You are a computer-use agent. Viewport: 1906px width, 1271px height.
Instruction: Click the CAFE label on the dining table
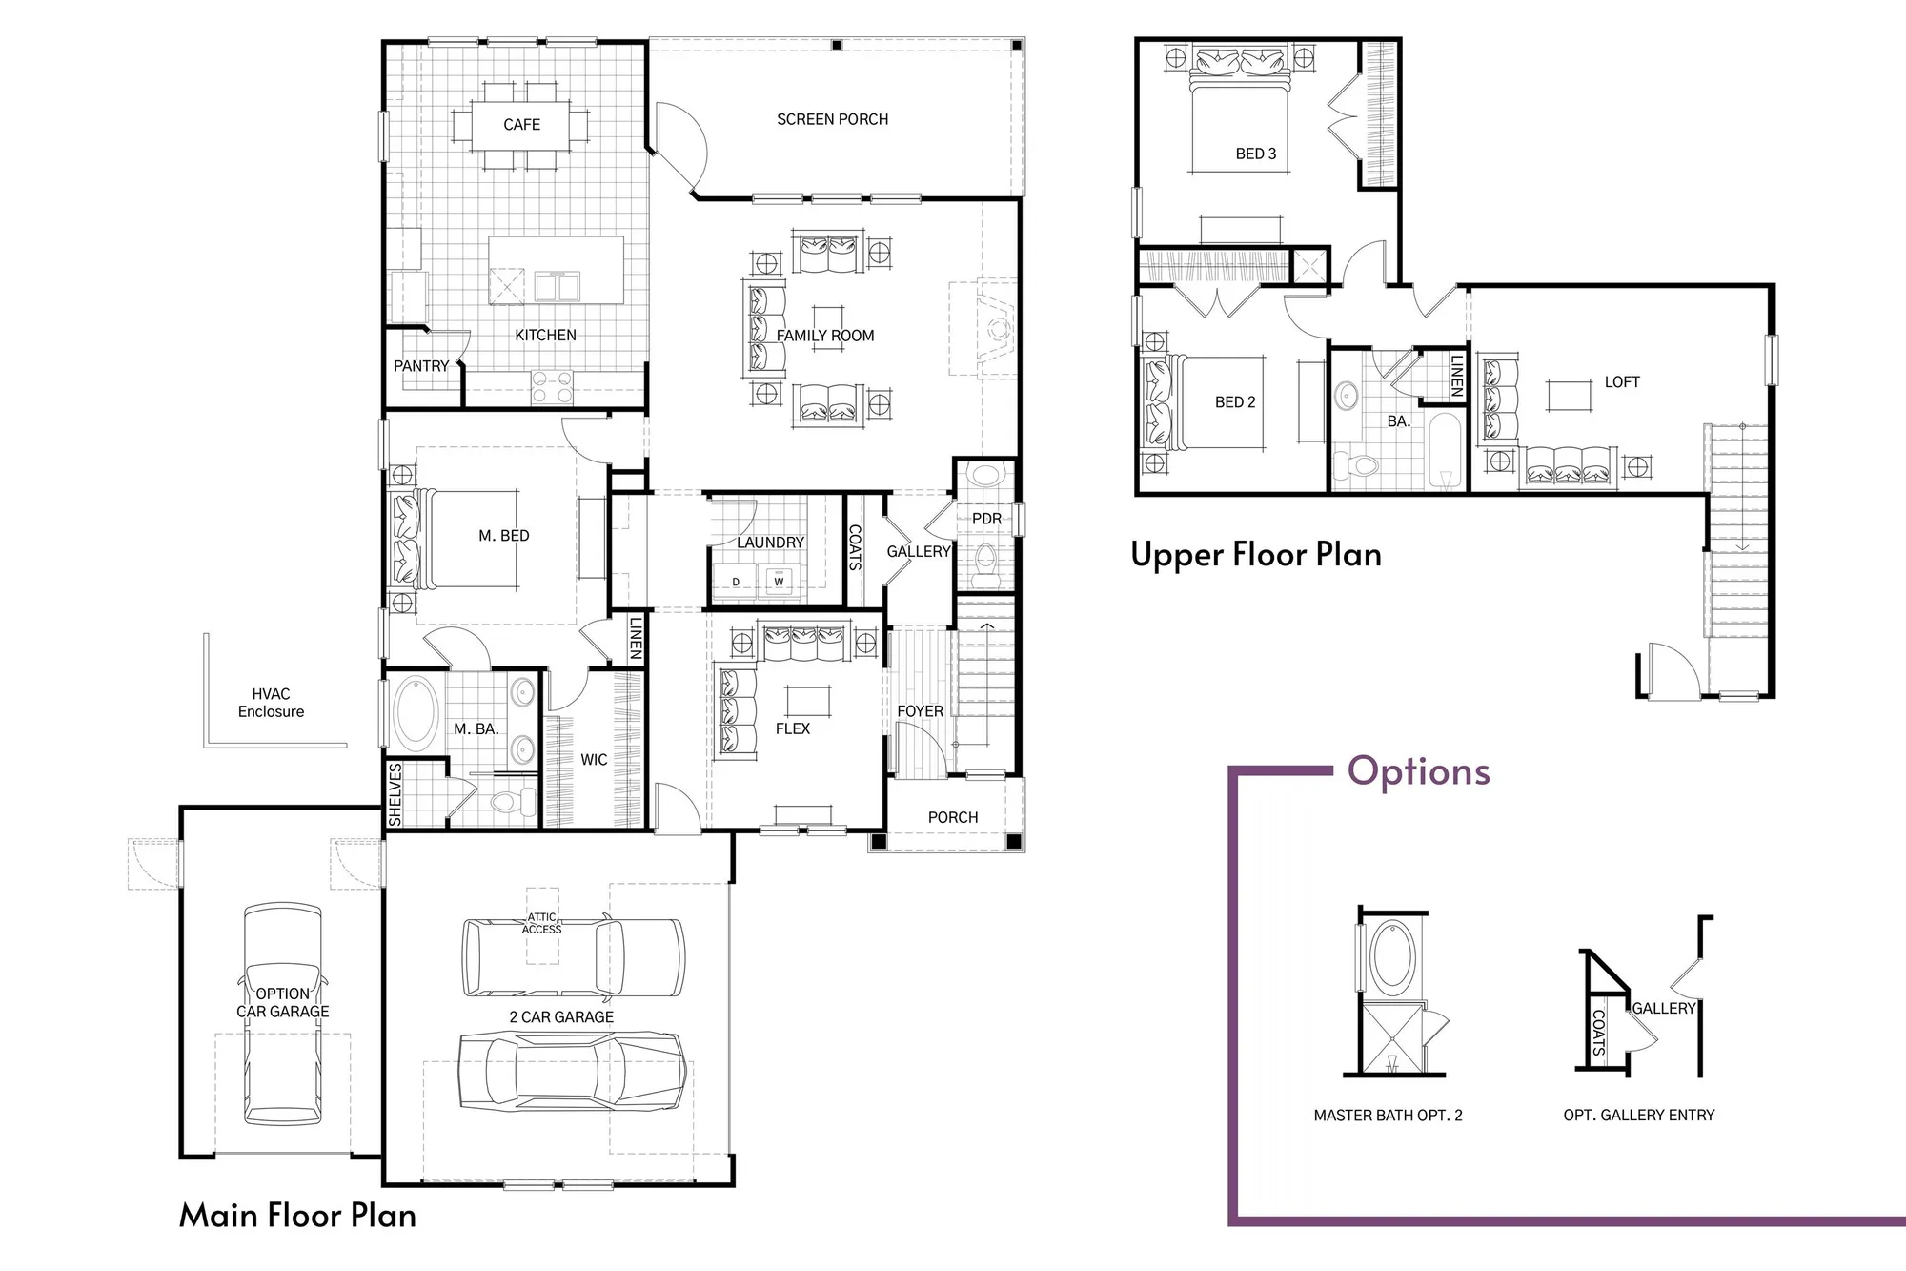521,125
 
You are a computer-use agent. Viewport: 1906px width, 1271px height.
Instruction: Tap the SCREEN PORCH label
832,119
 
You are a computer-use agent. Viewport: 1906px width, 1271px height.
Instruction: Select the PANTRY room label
420,366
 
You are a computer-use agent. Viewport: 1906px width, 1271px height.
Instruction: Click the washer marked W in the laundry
779,582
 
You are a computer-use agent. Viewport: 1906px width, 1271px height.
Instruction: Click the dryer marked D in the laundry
736,582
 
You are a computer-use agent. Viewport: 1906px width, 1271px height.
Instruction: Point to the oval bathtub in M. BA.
416,712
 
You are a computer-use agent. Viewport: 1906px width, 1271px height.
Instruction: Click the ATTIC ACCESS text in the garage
541,923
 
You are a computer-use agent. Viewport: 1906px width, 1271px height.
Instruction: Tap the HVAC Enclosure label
271,703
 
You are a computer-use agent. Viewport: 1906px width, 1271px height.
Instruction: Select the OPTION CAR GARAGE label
282,1002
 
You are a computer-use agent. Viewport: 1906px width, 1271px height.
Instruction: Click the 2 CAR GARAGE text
561,1017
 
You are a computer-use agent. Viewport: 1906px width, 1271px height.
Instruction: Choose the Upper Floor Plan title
1255,555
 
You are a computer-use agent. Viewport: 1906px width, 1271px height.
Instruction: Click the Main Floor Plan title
297,1216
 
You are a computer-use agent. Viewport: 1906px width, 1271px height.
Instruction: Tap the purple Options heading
1418,771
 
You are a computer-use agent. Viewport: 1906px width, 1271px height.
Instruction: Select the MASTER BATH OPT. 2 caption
1388,1116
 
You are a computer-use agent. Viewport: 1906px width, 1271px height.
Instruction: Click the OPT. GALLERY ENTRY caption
1638,1116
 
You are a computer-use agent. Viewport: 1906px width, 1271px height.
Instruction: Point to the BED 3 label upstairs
1255,154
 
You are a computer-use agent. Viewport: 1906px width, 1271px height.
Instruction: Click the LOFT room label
1621,382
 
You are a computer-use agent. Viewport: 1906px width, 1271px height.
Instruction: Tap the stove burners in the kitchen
552,387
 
